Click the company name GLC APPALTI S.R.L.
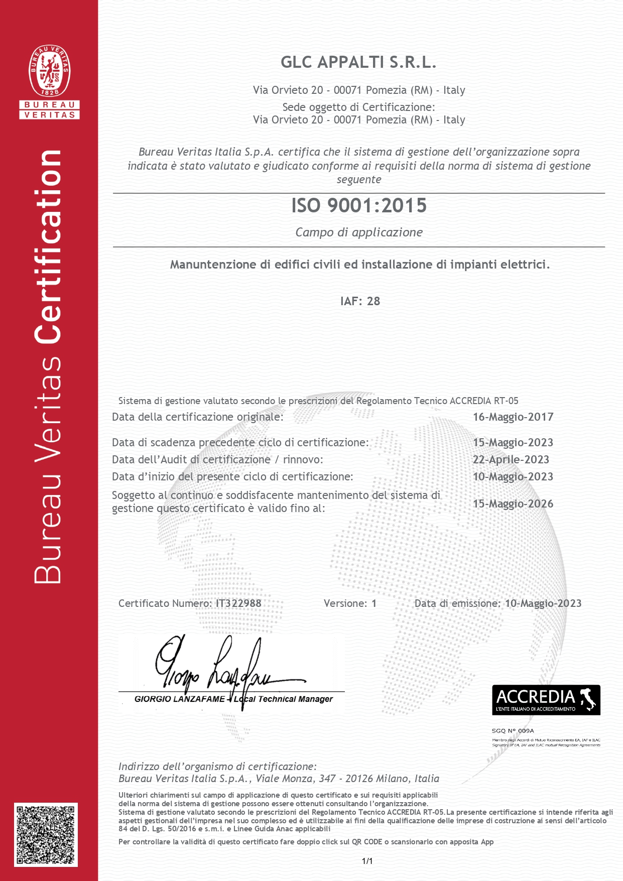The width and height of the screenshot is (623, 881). coord(358,62)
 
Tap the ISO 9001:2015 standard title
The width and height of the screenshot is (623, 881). coord(359,205)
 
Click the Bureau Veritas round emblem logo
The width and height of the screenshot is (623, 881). coord(50,71)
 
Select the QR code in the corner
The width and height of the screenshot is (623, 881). coord(46,834)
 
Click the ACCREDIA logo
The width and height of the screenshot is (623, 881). coord(546,699)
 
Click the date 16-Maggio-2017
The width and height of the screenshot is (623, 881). coord(513,417)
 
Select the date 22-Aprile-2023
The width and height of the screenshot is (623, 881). coord(511,460)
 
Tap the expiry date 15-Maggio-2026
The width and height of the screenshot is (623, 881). coord(513,504)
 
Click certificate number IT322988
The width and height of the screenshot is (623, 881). coord(238,603)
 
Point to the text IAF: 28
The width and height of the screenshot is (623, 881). coord(360,301)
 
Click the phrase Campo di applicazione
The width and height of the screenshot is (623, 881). coord(359,232)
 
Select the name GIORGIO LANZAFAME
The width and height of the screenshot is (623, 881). coord(179,699)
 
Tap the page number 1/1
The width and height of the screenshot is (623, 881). coord(367,861)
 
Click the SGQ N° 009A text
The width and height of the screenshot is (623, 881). coord(513,731)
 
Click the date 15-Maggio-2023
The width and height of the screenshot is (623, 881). coord(513,443)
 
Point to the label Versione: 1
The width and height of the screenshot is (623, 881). coord(350,603)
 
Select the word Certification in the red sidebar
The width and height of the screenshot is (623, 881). coord(49,246)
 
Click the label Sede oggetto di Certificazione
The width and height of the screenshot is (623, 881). coord(358,107)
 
